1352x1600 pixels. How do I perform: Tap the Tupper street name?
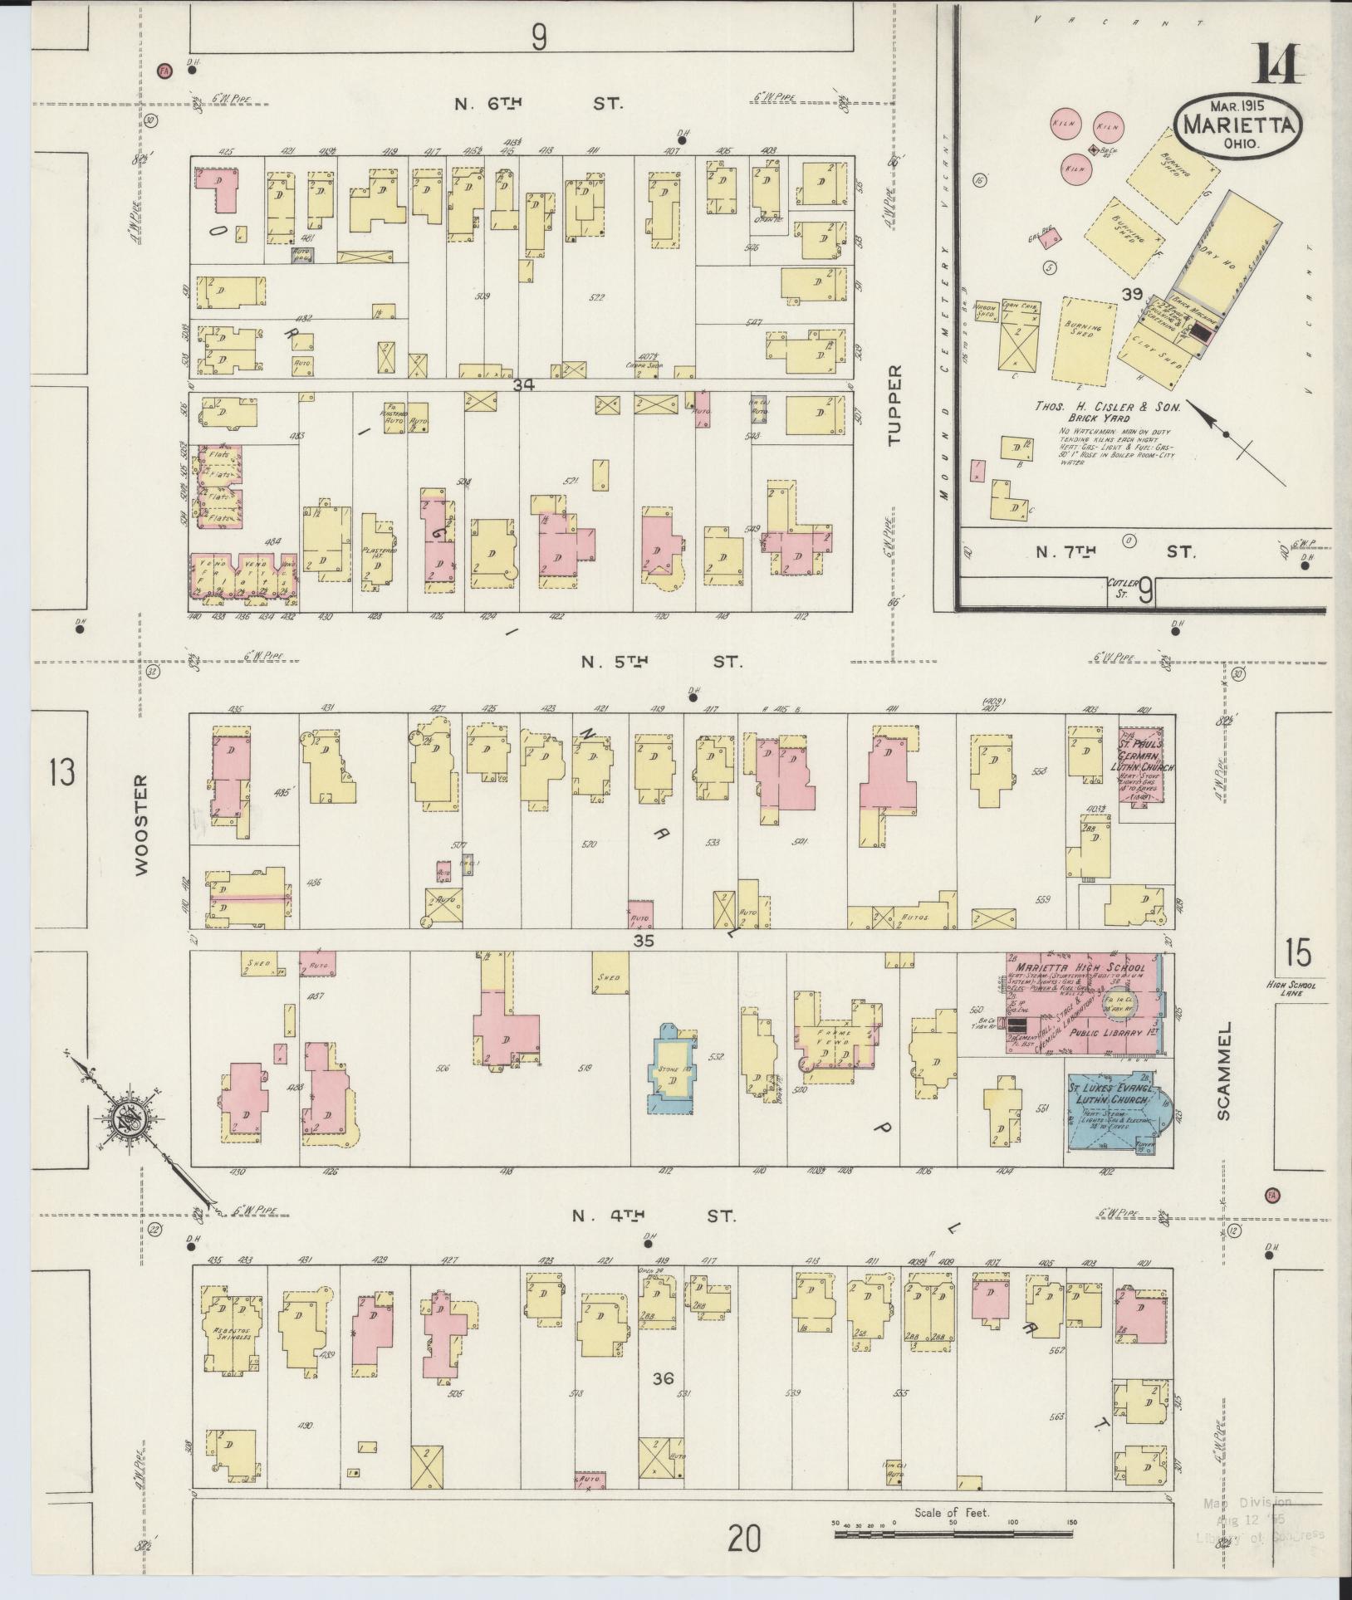click(894, 405)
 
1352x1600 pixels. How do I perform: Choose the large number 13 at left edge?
click(61, 773)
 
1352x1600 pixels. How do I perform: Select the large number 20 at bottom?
click(745, 1540)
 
